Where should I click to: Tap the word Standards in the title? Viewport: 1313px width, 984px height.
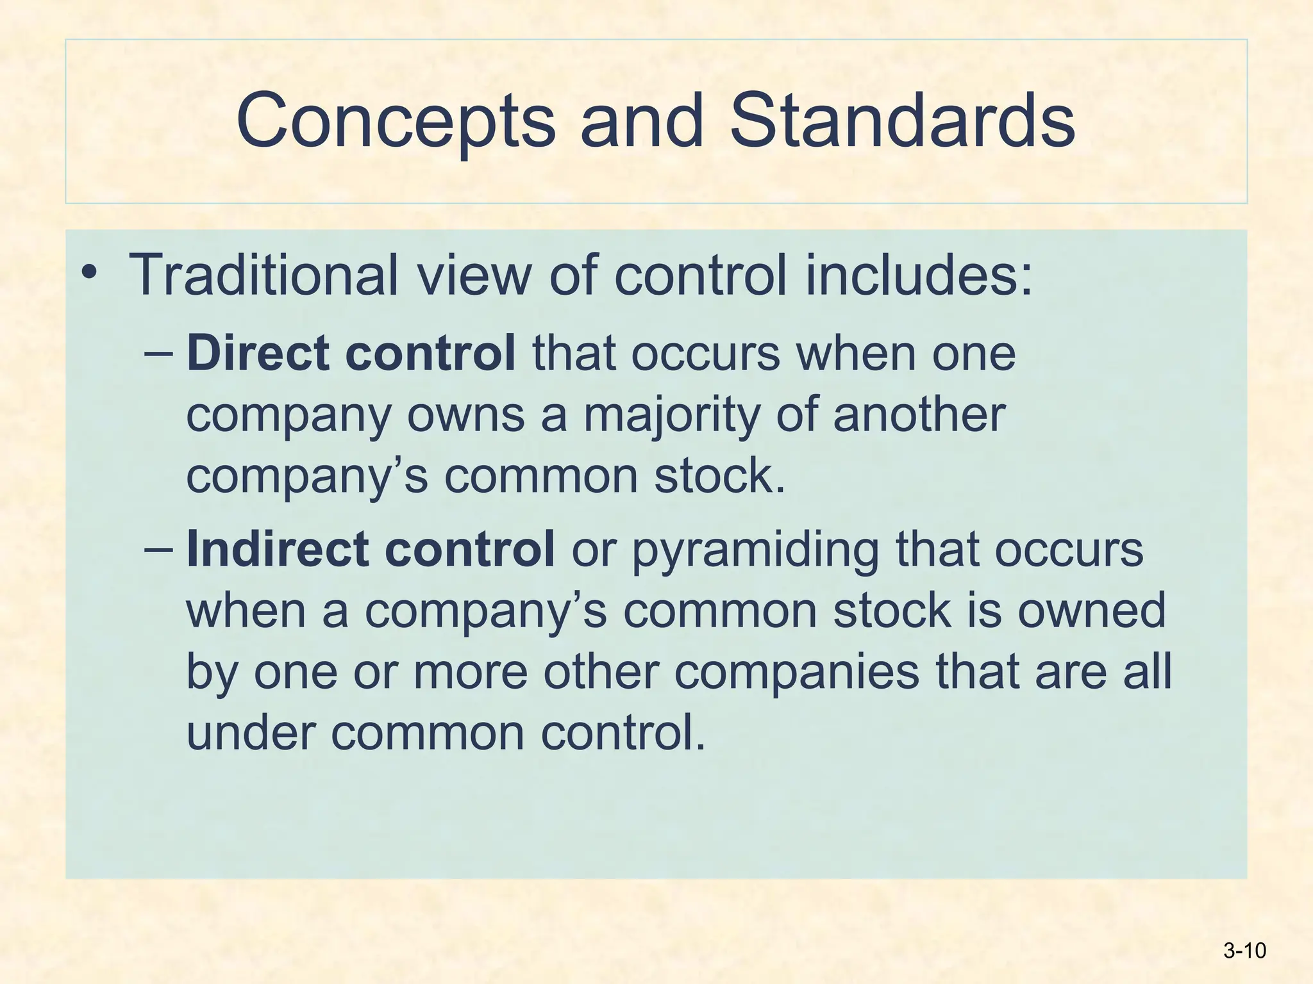click(902, 120)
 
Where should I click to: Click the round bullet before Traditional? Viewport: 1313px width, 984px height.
click(90, 274)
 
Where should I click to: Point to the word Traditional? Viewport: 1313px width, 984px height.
click(263, 275)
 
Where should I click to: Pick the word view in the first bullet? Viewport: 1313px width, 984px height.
click(474, 275)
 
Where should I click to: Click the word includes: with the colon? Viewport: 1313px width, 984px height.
click(919, 275)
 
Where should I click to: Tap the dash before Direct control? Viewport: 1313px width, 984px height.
click(158, 353)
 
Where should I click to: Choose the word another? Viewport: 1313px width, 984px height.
click(919, 414)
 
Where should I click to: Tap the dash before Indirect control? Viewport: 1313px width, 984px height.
click(158, 549)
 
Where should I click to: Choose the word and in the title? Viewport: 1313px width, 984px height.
click(642, 120)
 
